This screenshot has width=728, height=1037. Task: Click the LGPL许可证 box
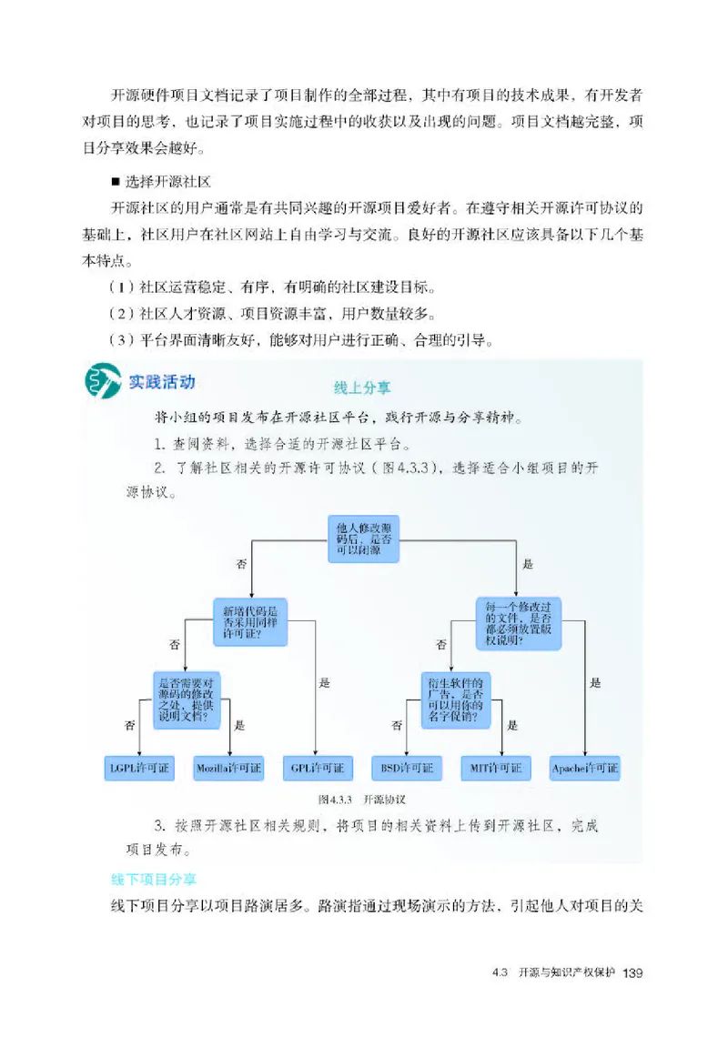pyautogui.click(x=139, y=769)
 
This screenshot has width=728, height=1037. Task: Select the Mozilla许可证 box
pyautogui.click(x=228, y=769)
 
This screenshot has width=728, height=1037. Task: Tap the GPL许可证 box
pyautogui.click(x=318, y=769)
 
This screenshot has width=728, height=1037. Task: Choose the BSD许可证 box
pyautogui.click(x=406, y=769)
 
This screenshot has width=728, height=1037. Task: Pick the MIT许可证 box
pyautogui.click(x=495, y=769)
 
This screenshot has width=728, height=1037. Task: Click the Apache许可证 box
pyautogui.click(x=584, y=769)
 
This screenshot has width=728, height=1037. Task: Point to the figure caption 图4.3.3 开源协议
pyautogui.click(x=361, y=800)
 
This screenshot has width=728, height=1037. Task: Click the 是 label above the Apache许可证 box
pyautogui.click(x=595, y=682)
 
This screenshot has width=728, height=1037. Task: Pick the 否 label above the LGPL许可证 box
pyautogui.click(x=128, y=725)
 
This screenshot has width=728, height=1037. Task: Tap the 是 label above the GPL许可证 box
pyautogui.click(x=325, y=682)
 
